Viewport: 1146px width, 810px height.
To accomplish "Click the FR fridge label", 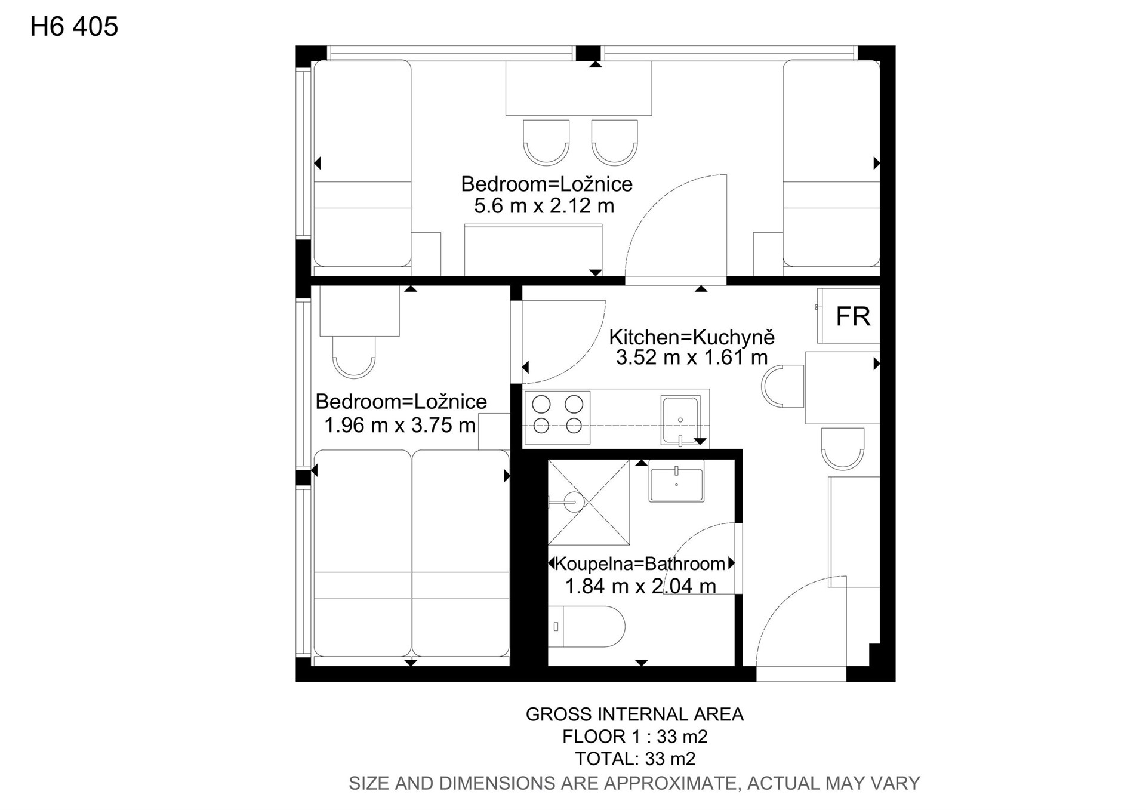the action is (853, 316).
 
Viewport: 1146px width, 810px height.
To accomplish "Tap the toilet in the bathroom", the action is (586, 627).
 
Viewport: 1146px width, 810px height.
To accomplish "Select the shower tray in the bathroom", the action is (589, 502).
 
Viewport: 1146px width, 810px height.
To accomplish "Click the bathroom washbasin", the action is (676, 481).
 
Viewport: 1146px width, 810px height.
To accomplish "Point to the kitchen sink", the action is (680, 420).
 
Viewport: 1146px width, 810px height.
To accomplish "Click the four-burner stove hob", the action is (557, 417).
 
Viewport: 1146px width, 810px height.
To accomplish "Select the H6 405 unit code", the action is (74, 27).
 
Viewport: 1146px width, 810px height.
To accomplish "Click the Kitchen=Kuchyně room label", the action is (692, 337).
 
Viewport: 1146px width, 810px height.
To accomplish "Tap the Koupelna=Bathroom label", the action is (640, 563).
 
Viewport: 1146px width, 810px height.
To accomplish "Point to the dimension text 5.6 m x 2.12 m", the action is (544, 206).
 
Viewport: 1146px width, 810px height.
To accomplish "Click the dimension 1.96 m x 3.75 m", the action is (400, 425).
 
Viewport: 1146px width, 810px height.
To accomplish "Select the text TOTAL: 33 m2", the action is (635, 759).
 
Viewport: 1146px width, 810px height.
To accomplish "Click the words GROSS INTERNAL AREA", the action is (634, 714).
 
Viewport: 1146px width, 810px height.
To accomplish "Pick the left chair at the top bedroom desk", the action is (546, 142).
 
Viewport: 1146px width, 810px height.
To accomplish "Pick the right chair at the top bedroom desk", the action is (615, 142).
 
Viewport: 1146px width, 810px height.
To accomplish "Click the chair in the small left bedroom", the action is (354, 357).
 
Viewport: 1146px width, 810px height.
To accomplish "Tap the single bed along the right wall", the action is (831, 163).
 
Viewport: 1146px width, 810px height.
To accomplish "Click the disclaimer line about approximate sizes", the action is (634, 783).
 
